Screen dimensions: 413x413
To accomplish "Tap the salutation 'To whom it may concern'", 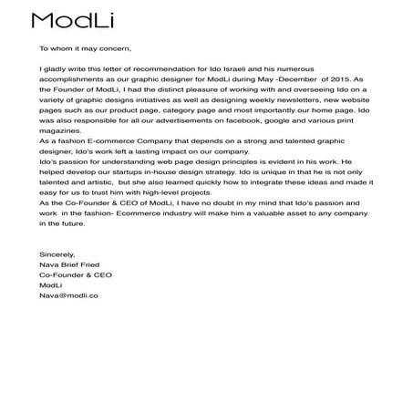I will click(x=86, y=48).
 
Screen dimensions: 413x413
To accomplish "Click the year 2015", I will click(x=336, y=78).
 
